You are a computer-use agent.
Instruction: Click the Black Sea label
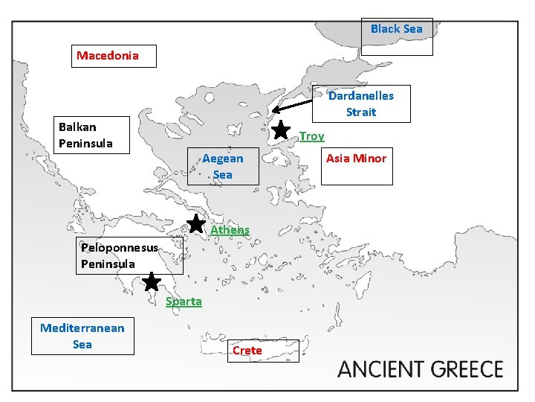[x=397, y=29]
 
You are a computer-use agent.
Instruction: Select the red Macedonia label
[x=108, y=56]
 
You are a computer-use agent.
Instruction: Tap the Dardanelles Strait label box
[x=361, y=104]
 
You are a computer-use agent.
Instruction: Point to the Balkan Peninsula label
[x=86, y=135]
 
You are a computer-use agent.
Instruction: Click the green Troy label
[x=312, y=136]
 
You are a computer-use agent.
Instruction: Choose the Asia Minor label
[x=356, y=158]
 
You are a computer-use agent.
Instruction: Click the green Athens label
[x=230, y=230]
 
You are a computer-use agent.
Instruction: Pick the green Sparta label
[x=184, y=301]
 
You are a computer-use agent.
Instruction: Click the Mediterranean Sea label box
[x=82, y=336]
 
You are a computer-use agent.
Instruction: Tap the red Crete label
[x=247, y=350]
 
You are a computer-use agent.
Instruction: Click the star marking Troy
[x=281, y=130]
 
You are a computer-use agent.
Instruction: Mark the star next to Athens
[x=196, y=223]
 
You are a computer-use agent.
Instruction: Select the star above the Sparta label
[x=152, y=281]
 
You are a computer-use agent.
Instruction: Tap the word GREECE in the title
[x=467, y=369]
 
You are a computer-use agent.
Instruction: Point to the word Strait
[x=361, y=112]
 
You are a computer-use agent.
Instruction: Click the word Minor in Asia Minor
[x=371, y=158]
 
